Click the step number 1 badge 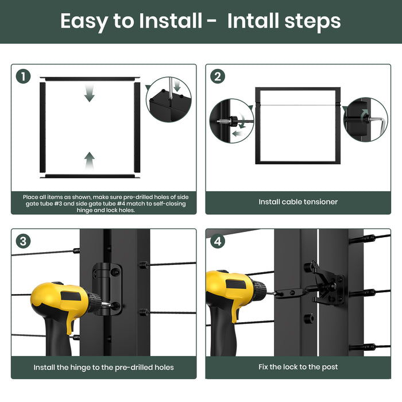(x=24, y=76)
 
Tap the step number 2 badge (x=218, y=76)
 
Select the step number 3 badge (x=24, y=241)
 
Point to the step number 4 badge (x=218, y=241)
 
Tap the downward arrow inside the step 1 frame (x=90, y=93)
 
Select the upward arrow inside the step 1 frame (x=90, y=161)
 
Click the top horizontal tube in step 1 (x=90, y=79)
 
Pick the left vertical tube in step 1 (x=42, y=127)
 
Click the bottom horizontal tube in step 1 (x=90, y=176)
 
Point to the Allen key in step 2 (x=376, y=123)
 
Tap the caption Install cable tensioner (x=298, y=202)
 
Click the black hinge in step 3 (x=107, y=289)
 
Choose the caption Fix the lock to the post (x=298, y=367)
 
